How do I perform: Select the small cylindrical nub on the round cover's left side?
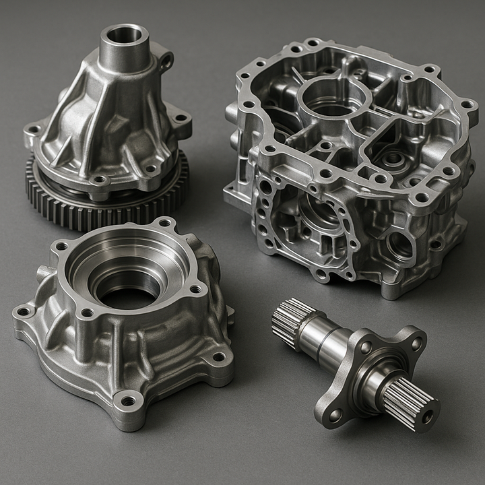point(43,273)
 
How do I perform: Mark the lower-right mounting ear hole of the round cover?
point(218,357)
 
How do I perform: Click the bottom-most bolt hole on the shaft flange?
point(335,414)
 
